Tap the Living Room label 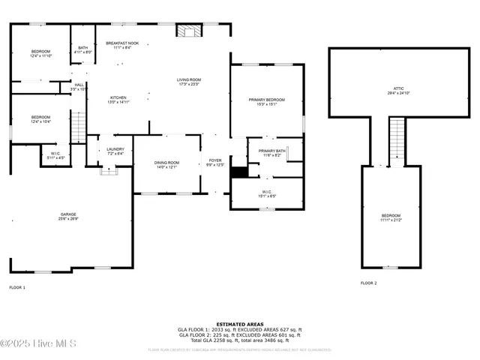[x=190, y=81]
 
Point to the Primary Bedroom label [x=266, y=101]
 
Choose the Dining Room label [x=166, y=164]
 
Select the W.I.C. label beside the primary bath [x=267, y=193]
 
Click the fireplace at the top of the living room [x=188, y=30]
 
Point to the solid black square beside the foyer [x=238, y=172]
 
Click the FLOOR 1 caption [x=17, y=287]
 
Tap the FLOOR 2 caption [x=368, y=283]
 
